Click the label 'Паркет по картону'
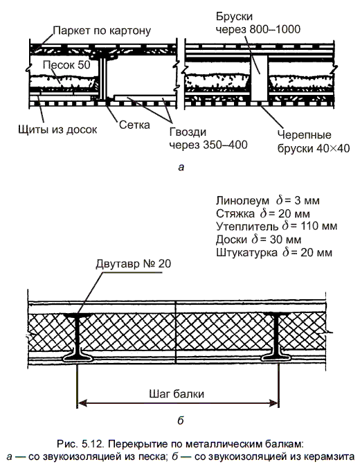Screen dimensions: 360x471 102,30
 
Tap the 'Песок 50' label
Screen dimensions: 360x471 66,64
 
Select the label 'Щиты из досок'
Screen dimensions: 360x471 57,130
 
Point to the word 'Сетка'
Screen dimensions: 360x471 134,125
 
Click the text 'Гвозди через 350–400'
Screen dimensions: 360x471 208,138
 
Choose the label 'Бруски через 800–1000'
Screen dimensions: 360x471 258,23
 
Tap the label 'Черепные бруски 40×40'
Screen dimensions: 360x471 314,141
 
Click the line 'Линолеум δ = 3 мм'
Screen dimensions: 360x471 267,200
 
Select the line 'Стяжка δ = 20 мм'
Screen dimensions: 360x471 262,213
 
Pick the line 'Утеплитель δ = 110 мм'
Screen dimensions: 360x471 276,226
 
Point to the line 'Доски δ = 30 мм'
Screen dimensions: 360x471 258,240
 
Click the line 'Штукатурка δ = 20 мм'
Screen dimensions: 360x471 274,252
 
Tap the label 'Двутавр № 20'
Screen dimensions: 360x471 133,264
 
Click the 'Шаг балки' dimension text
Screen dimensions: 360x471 177,394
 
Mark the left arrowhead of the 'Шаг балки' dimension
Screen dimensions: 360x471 82,403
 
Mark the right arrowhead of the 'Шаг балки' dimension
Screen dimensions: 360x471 274,403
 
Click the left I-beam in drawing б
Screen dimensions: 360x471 78,336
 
